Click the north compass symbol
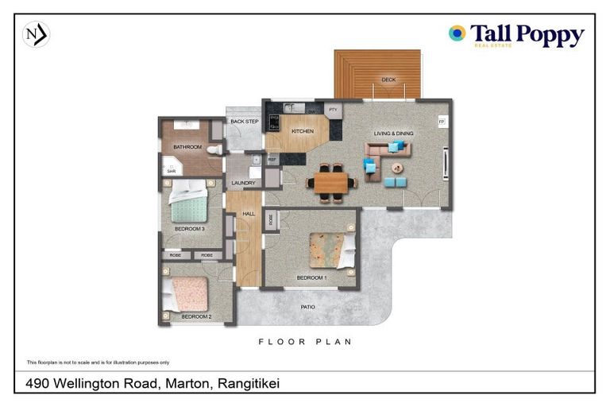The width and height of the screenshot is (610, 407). click(36, 35)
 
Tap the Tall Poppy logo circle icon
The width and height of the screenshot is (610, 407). click(457, 33)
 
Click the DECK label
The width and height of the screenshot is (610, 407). click(388, 79)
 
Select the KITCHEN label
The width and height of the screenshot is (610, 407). click(303, 131)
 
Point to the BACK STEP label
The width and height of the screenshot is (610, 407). click(245, 122)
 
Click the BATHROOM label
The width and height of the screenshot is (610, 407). click(188, 147)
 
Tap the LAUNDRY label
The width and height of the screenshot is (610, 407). click(243, 183)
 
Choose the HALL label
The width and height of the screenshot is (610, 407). click(249, 214)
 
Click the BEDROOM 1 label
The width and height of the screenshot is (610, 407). click(311, 277)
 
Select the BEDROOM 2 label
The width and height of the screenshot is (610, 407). click(196, 316)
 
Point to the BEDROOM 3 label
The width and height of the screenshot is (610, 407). click(190, 229)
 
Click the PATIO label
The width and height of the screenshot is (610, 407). click(308, 307)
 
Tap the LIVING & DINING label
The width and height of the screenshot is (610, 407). click(395, 134)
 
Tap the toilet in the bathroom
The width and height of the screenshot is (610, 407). click(214, 149)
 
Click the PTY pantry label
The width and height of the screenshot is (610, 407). click(333, 110)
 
